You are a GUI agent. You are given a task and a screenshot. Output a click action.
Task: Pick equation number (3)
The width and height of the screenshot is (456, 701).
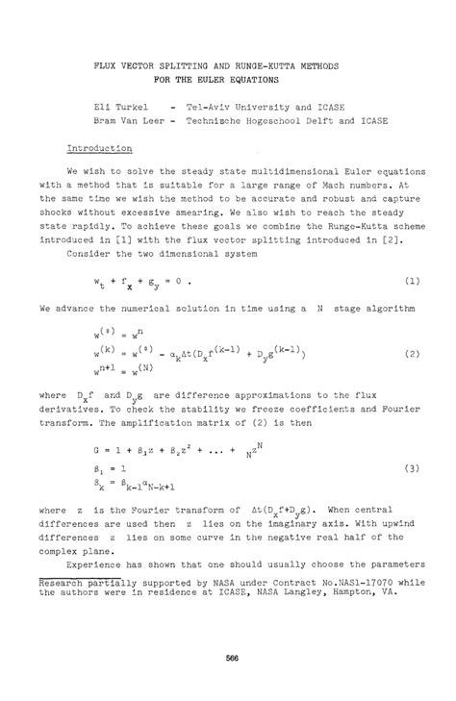(409, 468)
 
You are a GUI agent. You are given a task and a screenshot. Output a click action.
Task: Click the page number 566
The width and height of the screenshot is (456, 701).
(228, 658)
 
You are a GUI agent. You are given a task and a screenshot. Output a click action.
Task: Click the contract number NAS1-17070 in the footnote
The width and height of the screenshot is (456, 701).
(361, 583)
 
